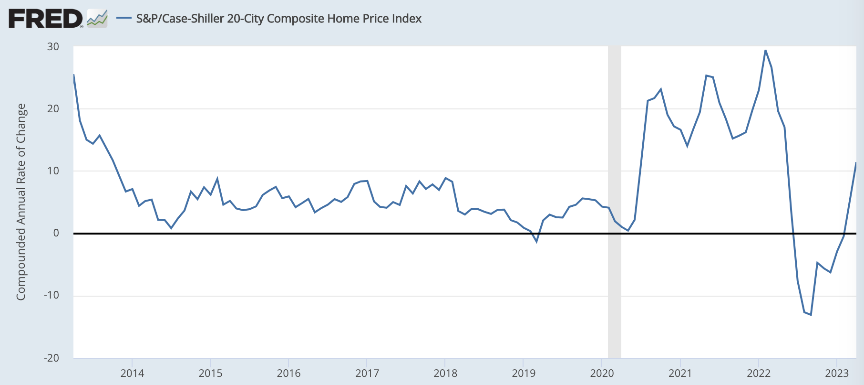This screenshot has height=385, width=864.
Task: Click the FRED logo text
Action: pos(46,19)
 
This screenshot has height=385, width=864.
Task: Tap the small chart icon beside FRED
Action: pos(97,19)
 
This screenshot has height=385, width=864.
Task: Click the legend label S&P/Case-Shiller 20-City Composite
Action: pos(278,19)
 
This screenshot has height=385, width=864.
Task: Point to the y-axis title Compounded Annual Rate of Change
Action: pos(21,202)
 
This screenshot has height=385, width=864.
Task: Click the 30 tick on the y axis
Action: pos(53,46)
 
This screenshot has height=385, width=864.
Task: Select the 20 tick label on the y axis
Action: pos(53,108)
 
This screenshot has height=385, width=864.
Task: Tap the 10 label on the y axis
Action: pos(53,171)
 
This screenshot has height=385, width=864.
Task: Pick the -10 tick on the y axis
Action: pos(51,295)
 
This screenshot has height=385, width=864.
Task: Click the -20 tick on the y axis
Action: pos(51,358)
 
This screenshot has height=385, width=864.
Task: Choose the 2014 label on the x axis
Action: pos(132,373)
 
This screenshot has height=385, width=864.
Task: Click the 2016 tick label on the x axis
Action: pos(288,373)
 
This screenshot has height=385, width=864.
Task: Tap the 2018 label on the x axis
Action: pos(445,373)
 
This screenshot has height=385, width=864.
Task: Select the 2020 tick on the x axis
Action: pos(602,373)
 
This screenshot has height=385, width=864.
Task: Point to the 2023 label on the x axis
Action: pos(837,373)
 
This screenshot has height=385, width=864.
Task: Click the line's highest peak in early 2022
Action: pos(765,50)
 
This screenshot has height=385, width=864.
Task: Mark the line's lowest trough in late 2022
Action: pos(811,315)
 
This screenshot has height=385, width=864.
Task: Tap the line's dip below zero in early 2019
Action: pos(536,242)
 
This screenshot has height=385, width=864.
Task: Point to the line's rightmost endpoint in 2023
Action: pos(856,163)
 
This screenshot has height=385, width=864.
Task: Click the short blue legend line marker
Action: pos(124,19)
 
